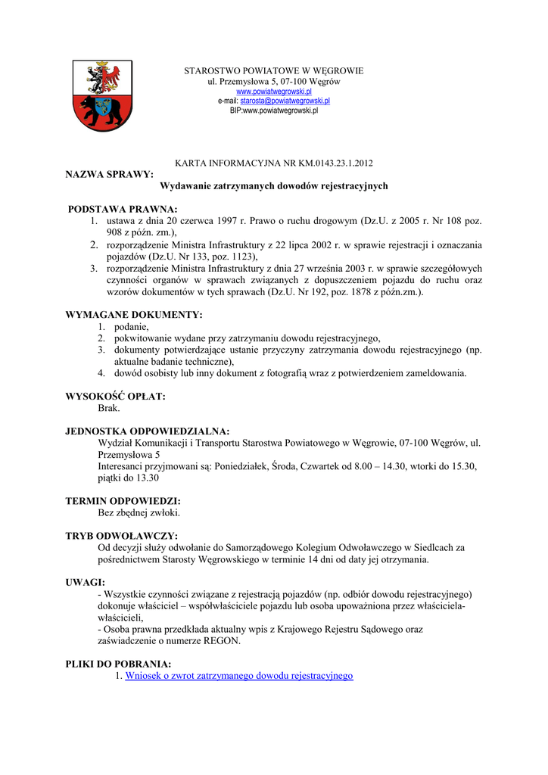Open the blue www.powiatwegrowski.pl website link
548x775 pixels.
tap(274, 91)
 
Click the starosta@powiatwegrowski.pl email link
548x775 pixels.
tap(285, 101)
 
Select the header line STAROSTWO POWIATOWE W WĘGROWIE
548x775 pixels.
tap(274, 71)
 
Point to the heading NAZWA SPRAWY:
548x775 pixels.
tap(110, 174)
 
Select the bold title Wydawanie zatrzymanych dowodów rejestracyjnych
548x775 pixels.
tap(274, 185)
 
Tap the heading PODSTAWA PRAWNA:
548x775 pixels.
tap(123, 209)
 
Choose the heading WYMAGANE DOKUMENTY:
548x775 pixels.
tap(135, 315)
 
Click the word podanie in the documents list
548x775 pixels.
tap(131, 327)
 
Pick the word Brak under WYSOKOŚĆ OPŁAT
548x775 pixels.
tap(109, 408)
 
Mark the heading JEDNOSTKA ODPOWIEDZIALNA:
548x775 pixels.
tap(148, 431)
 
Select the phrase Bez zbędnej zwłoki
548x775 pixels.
tap(139, 512)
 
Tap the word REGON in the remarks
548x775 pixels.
tap(220, 640)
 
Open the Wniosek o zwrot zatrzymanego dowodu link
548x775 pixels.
tap(239, 675)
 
